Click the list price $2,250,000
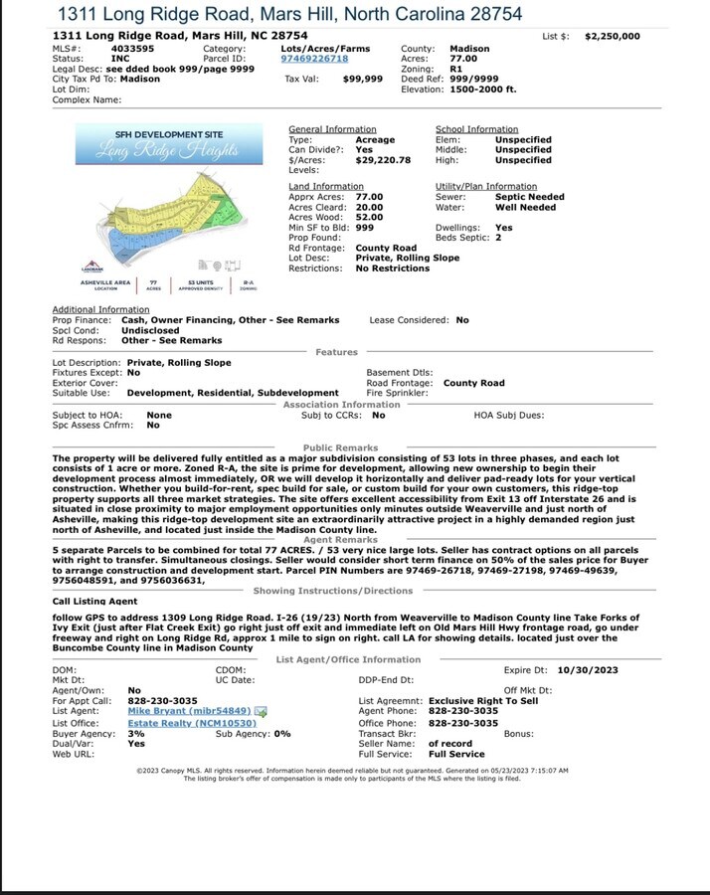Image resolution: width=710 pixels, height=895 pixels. point(612,36)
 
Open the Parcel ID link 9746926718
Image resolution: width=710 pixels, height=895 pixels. point(314,59)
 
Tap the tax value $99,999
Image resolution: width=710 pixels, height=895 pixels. point(362,79)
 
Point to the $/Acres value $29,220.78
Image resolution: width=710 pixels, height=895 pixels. point(383,160)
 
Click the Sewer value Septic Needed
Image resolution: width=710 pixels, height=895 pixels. point(529,197)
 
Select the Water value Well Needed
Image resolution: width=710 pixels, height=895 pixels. point(526,208)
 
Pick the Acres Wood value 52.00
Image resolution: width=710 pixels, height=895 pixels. point(369,217)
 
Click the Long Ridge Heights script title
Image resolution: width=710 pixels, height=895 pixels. point(167,151)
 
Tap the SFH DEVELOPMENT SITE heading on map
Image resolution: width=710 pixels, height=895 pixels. point(168,134)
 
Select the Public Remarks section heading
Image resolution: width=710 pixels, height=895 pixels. point(340,448)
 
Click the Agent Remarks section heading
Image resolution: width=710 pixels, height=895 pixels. point(340,540)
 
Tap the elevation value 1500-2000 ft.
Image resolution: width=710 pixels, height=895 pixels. point(483,89)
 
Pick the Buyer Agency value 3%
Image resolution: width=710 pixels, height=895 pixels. point(136,733)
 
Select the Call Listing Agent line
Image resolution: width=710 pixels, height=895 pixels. point(95,602)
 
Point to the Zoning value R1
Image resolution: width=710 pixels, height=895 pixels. point(456,69)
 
